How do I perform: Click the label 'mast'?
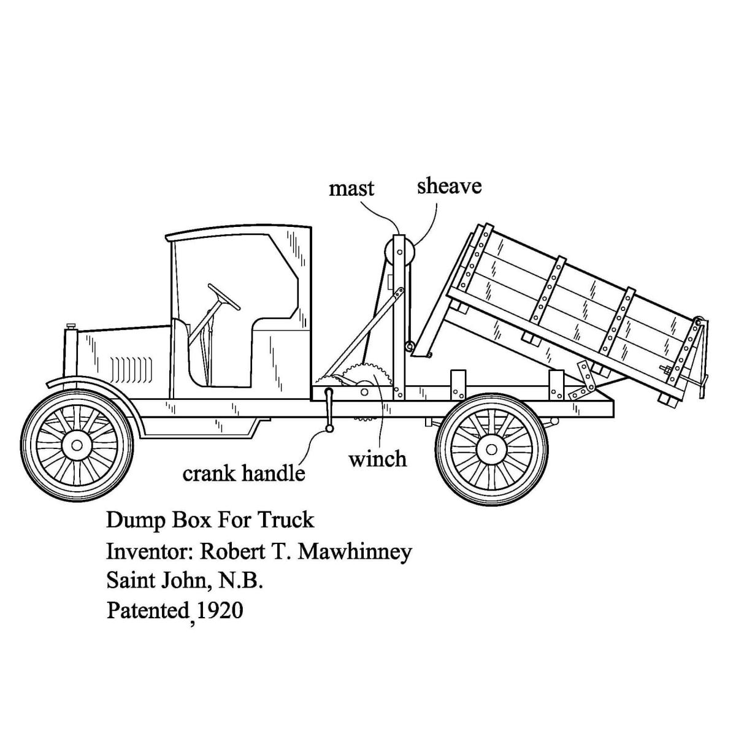(351, 189)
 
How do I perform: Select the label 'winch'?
(378, 459)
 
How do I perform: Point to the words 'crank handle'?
(243, 473)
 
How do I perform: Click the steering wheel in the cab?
(224, 297)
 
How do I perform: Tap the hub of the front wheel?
(77, 445)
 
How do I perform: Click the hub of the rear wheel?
(491, 450)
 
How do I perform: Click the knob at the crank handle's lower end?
(329, 429)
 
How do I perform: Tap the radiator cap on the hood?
(71, 326)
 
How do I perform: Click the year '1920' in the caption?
(220, 610)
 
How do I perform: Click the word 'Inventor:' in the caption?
(149, 551)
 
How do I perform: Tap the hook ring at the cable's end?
(410, 347)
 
